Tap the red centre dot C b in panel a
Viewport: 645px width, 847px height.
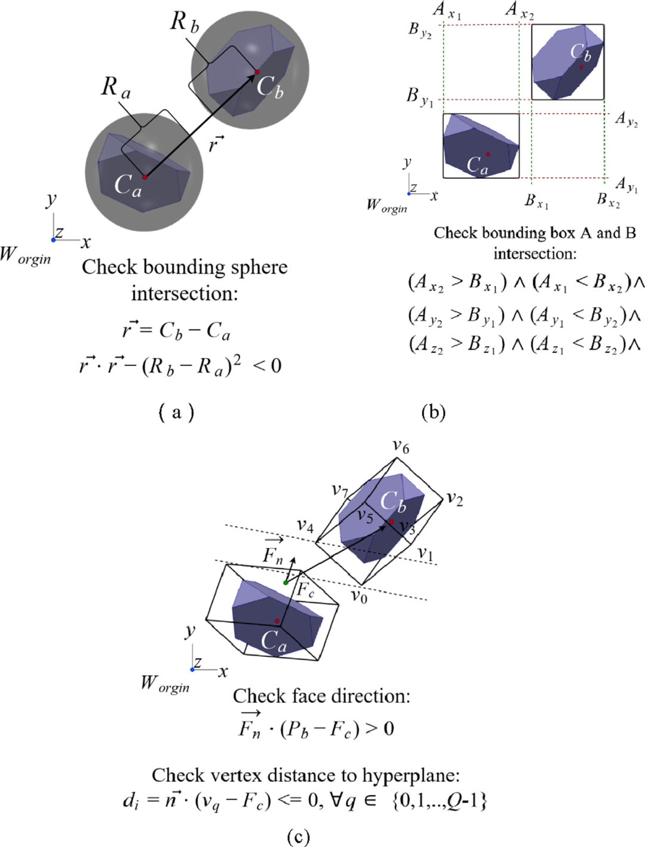click(x=257, y=72)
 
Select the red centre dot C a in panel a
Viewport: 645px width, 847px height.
click(x=145, y=177)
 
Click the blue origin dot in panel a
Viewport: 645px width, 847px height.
click(x=54, y=240)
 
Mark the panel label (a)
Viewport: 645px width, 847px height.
click(x=177, y=412)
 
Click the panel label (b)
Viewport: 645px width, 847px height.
click(x=434, y=412)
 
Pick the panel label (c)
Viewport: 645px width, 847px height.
click(x=298, y=836)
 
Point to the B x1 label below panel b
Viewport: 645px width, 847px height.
click(x=536, y=201)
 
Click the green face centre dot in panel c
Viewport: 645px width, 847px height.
click(x=285, y=582)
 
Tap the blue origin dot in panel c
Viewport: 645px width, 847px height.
click(x=192, y=669)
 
